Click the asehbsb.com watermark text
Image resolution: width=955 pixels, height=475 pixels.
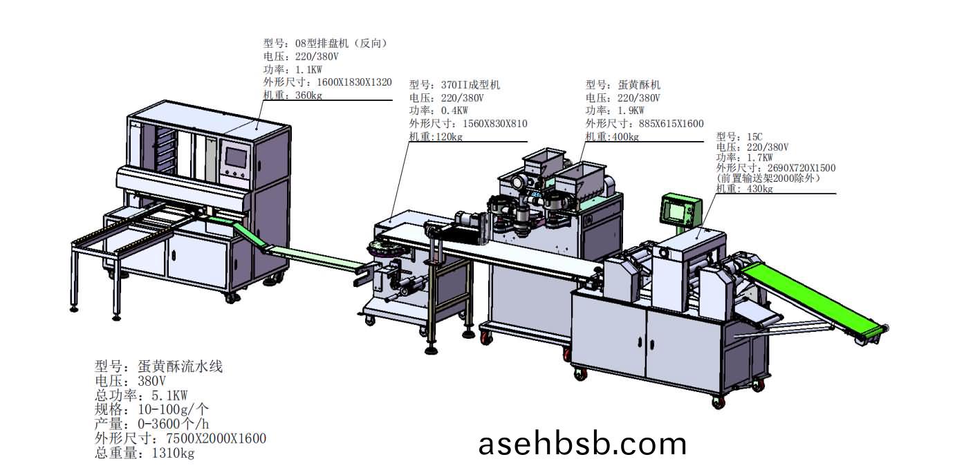pos(583,443)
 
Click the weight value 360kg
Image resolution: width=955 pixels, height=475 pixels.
pos(308,95)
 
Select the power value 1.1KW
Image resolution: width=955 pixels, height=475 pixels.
pos(308,69)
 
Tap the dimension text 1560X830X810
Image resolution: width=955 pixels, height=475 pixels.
pos(494,124)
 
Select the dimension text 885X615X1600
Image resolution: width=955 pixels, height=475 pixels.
pos(669,124)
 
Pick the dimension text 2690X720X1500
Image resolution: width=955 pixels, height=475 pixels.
pos(799,168)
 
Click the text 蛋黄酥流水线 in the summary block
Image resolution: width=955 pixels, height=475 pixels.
pos(180,366)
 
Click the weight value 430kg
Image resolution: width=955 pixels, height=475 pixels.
pos(759,189)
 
